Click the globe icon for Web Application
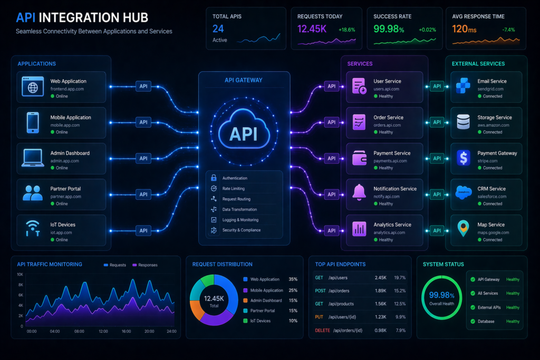(33, 85)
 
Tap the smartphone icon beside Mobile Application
(33, 122)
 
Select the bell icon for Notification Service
(360, 192)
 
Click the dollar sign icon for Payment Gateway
(464, 157)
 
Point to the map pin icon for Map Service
(464, 228)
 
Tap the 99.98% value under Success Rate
(389, 28)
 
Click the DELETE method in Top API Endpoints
(322, 330)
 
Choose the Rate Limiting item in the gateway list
(233, 189)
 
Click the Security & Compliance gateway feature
(241, 230)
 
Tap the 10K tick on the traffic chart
(20, 275)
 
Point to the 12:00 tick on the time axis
(103, 332)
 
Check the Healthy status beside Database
(513, 321)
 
